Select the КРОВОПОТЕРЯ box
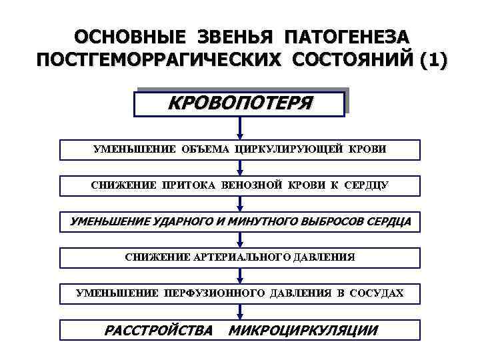[240, 104]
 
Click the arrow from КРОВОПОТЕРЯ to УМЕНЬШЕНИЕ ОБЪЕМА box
[240, 129]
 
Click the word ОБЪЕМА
[204, 149]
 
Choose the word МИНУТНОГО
[263, 221]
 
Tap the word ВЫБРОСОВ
[331, 221]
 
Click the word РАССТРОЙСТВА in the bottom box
[159, 330]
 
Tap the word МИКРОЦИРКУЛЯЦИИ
[303, 330]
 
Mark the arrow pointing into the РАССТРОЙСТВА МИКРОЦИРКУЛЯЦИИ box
[240, 311]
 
